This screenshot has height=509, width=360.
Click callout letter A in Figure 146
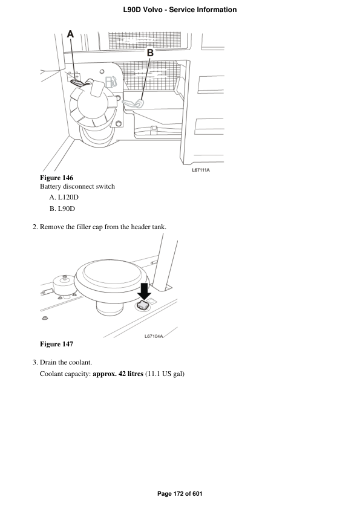coord(70,35)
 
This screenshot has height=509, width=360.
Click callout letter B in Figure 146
coord(150,53)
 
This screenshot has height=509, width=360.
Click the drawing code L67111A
coord(200,170)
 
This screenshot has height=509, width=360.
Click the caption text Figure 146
coord(56,178)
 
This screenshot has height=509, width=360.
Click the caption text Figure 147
coord(56,344)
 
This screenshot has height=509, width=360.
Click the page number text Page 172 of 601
coord(180,494)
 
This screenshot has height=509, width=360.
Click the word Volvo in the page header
coord(149,10)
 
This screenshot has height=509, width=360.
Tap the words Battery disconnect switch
coord(77,187)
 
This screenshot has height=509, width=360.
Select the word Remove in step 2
coord(53,227)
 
